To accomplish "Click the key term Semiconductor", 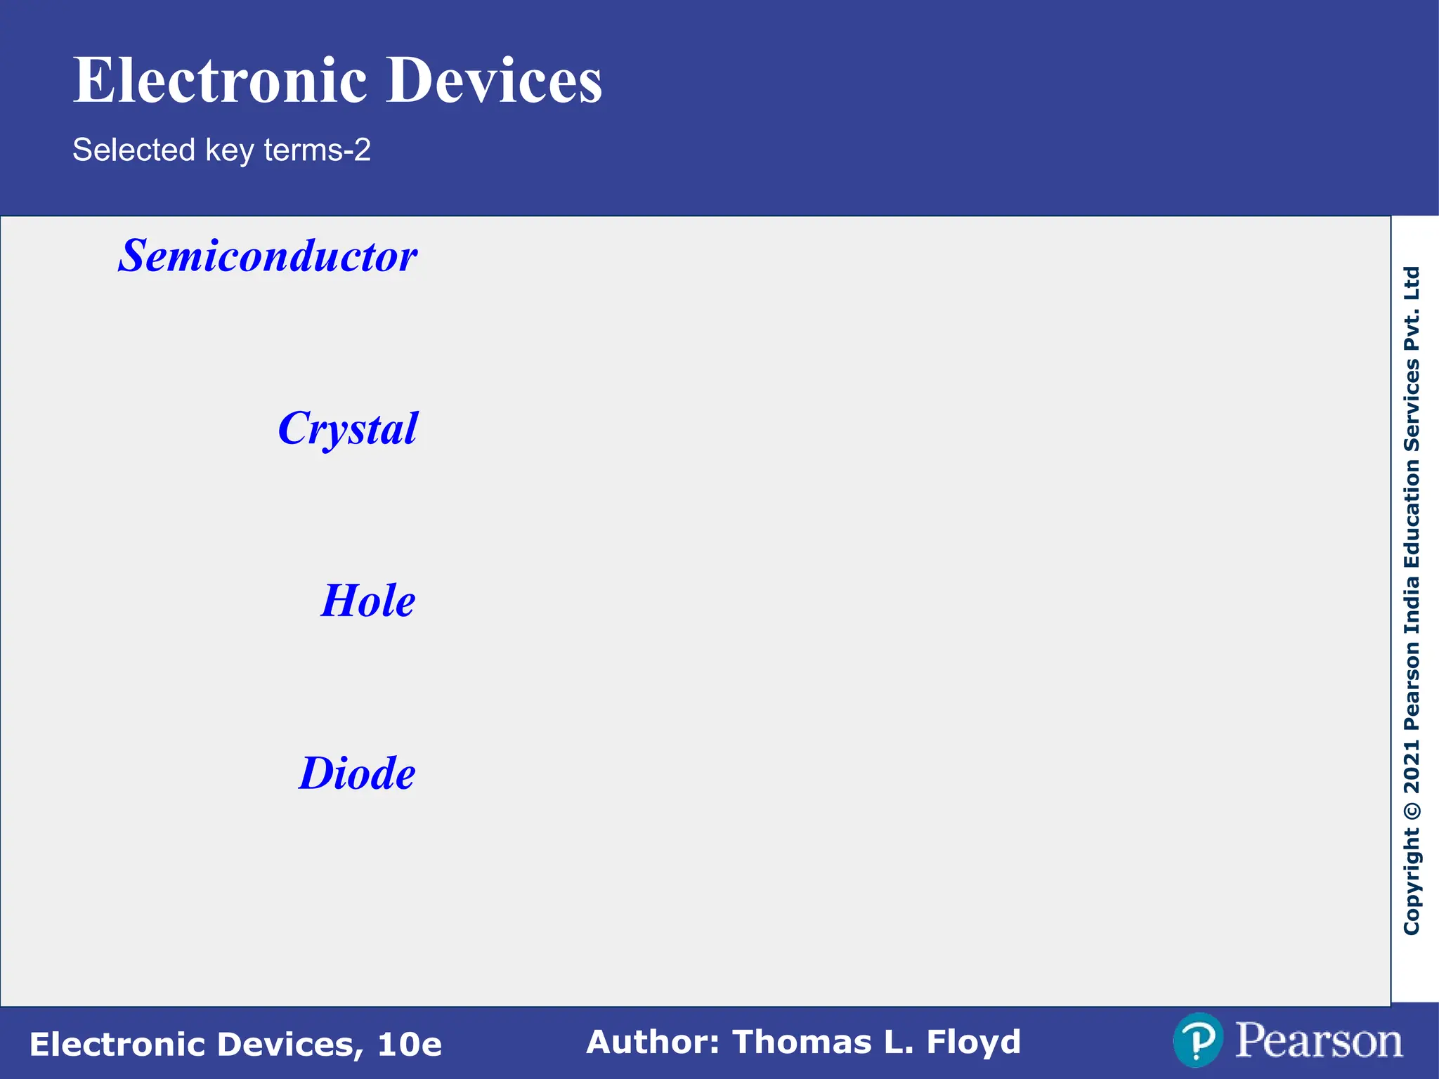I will (268, 256).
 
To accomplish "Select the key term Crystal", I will (348, 429).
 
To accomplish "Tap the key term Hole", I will (368, 601).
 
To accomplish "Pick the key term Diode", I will (357, 773).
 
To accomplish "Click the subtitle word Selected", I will (134, 150).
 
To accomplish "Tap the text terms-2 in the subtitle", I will (317, 150).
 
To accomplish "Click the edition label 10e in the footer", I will (410, 1045).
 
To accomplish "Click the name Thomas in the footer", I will (802, 1042).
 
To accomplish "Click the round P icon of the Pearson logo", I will (1198, 1040).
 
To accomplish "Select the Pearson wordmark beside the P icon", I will (1318, 1041).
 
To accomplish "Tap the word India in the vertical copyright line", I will (1412, 605).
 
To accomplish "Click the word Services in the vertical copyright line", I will (1412, 406).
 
